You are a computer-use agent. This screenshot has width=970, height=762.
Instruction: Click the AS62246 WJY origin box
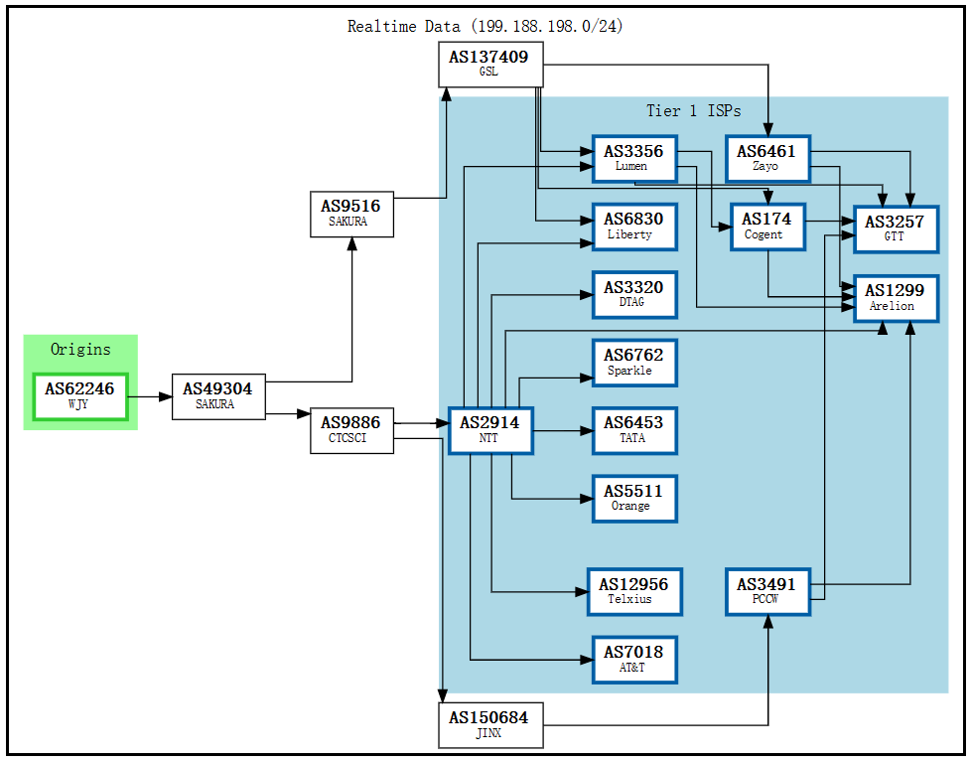(x=79, y=396)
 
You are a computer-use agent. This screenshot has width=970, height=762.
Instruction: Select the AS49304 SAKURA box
(x=217, y=396)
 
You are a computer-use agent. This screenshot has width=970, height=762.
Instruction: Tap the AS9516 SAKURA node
(x=351, y=214)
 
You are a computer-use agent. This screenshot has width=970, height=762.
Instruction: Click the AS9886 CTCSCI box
(x=351, y=430)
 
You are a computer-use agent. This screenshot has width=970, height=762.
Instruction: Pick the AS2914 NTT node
(x=490, y=430)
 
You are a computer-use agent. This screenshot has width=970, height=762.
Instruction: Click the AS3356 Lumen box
(x=633, y=159)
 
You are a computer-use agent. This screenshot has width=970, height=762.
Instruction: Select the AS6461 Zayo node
(x=766, y=159)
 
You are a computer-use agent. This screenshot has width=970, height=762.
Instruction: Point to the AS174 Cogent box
(x=766, y=227)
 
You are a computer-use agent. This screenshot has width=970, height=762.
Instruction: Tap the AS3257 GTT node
(x=895, y=229)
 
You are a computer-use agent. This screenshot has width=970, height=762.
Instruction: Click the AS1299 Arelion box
(x=895, y=298)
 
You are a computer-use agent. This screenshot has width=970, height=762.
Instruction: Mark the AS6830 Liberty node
(x=633, y=227)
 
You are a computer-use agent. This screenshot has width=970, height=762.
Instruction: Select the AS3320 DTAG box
(x=633, y=294)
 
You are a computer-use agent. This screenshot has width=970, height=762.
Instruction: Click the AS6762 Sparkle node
(x=633, y=362)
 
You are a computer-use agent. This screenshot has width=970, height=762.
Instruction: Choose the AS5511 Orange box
(x=633, y=498)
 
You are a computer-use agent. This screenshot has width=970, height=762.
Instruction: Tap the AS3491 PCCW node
(x=766, y=592)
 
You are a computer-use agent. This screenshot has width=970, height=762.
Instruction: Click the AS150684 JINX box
(x=490, y=725)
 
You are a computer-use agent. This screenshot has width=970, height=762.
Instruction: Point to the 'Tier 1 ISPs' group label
(x=693, y=111)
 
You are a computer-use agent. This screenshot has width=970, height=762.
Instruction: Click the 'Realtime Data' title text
(x=485, y=27)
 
